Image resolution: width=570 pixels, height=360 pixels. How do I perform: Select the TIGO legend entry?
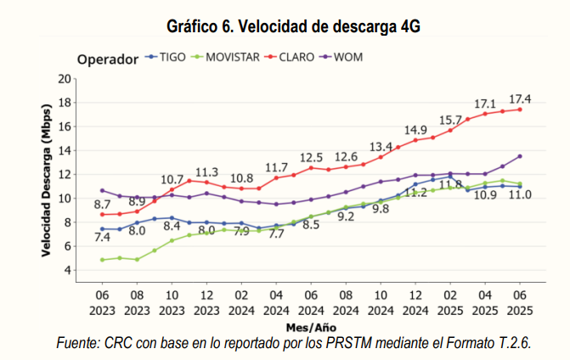tap(170, 57)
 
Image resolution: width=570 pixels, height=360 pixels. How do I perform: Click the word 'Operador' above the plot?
tap(107, 59)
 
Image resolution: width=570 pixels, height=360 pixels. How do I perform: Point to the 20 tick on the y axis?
tap(64, 79)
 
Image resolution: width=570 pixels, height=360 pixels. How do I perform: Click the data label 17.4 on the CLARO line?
tap(520, 98)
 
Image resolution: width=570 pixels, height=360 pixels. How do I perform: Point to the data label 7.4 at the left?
tap(102, 239)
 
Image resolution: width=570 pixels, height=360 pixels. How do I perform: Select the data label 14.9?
tap(415, 130)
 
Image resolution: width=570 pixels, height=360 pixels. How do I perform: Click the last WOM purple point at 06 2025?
tap(520, 156)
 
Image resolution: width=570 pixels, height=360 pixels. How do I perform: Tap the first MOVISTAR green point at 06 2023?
tap(102, 260)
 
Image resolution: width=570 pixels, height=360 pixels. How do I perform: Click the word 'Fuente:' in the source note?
tap(77, 343)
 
